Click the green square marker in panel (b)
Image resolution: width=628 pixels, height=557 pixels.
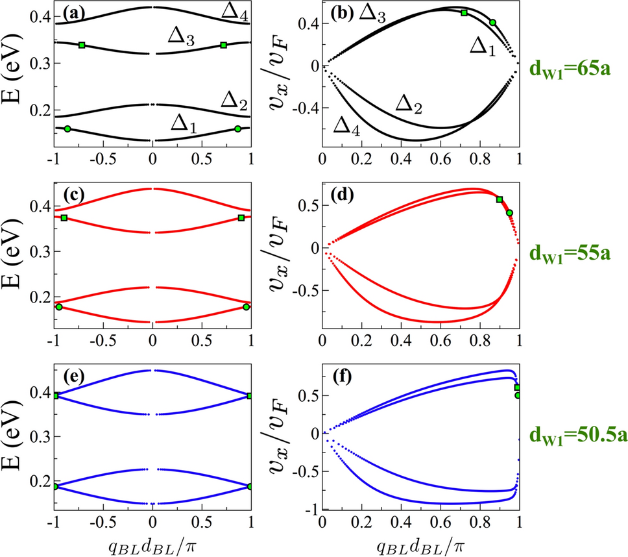click(x=464, y=12)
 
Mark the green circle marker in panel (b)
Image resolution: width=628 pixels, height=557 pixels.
click(x=492, y=23)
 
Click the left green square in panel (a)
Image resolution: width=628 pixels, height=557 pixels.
click(x=82, y=45)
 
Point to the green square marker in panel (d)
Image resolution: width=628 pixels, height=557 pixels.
click(x=499, y=199)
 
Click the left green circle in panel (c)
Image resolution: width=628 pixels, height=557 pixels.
click(x=59, y=307)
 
